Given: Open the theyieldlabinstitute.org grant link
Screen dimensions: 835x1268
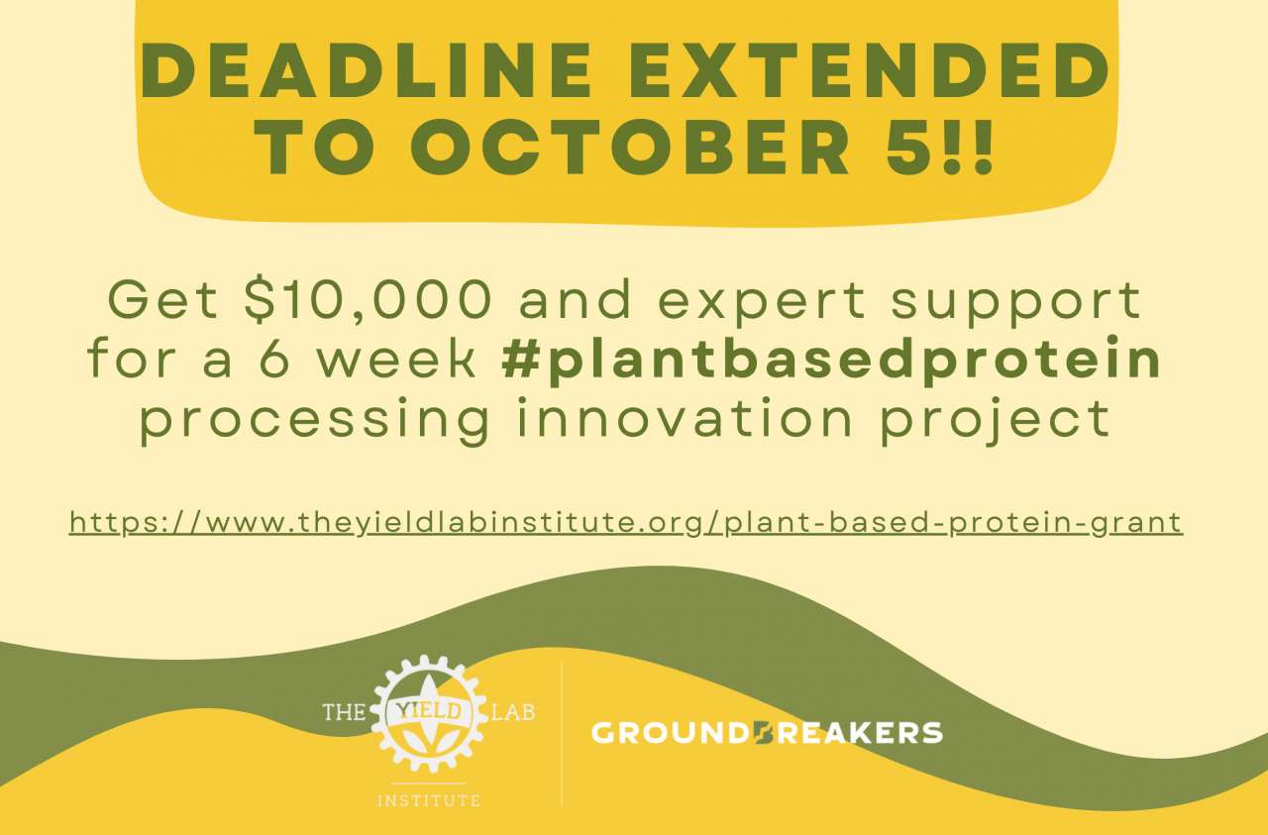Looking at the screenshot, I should (626, 523).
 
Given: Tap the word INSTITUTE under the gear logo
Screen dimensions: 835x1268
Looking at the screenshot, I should (429, 799).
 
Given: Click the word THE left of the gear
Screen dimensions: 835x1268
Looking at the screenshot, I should (344, 711).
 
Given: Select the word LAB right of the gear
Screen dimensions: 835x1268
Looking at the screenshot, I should (514, 711).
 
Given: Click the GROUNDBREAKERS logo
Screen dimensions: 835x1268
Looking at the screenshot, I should (767, 733).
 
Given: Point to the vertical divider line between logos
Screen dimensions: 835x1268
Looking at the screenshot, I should (562, 733).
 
